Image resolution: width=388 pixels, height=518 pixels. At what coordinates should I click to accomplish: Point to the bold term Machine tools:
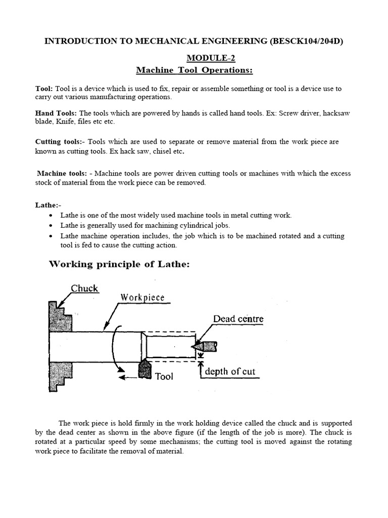click(61, 174)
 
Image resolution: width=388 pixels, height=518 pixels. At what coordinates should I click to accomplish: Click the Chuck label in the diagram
click(84, 288)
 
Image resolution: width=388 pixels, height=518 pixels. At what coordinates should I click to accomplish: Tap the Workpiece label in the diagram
click(142, 297)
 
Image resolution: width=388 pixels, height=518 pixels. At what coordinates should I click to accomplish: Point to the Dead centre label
click(238, 319)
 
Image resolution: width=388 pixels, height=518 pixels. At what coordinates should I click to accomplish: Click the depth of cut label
click(230, 372)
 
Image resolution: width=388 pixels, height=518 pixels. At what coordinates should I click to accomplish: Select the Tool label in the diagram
click(164, 376)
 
